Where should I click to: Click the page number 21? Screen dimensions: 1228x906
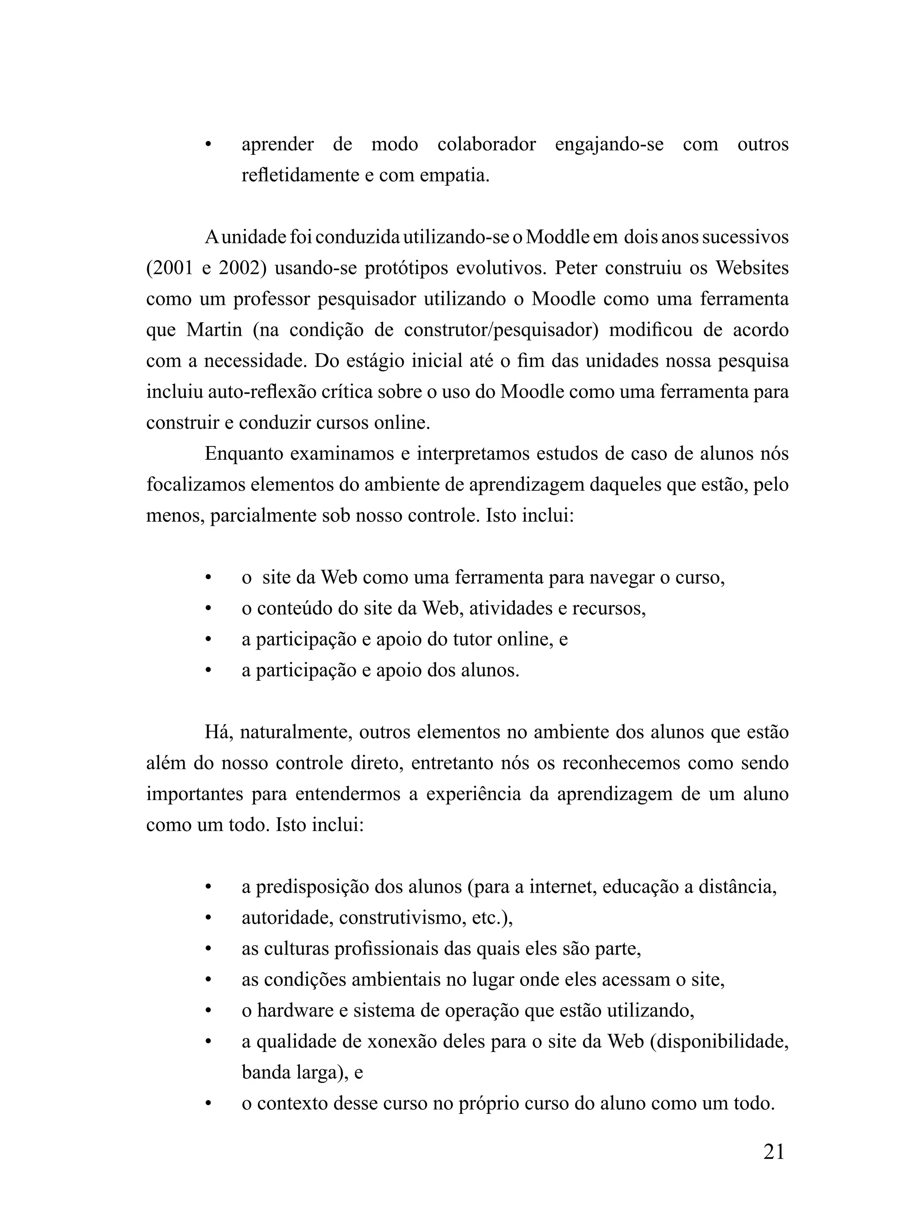coord(773,1152)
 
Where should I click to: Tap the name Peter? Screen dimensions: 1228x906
coord(573,268)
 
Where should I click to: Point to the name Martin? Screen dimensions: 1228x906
coord(214,330)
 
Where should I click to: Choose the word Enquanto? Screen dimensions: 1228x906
coord(243,454)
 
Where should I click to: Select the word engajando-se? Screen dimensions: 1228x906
coord(609,144)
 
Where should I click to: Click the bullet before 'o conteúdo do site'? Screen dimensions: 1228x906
coord(208,608)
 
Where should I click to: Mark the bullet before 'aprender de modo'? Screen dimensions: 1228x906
coord(208,145)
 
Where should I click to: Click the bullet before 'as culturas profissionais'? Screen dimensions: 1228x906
coord(208,949)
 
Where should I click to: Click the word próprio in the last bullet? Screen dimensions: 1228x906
coord(488,1103)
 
